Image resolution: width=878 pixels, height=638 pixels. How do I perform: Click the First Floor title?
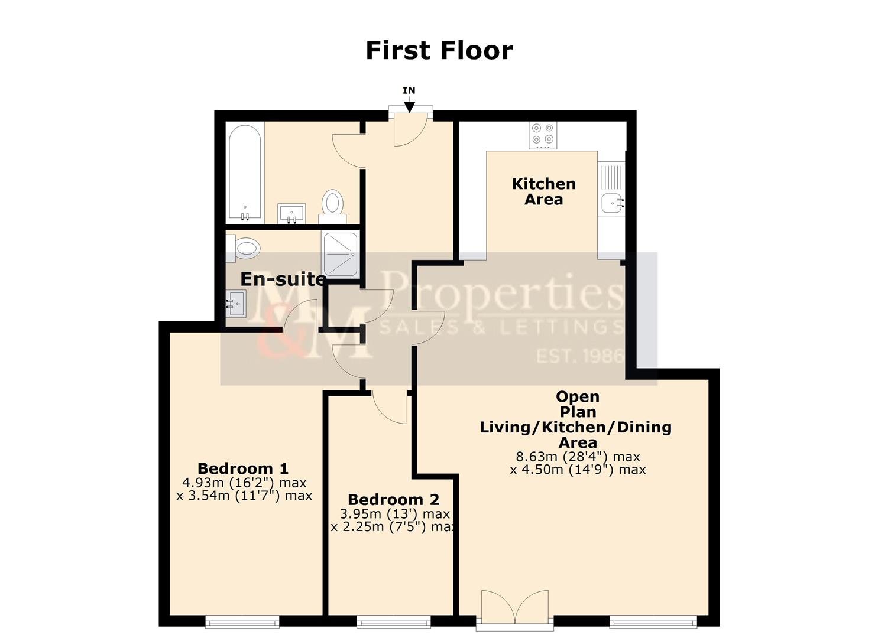pyautogui.click(x=439, y=50)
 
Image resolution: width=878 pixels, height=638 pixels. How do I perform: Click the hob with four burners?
pyautogui.click(x=543, y=134)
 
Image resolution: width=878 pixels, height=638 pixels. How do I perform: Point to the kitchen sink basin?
pyautogui.click(x=611, y=203)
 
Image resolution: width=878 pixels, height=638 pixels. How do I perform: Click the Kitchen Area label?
pyautogui.click(x=543, y=191)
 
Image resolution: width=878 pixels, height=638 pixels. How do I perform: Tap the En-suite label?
pyautogui.click(x=283, y=279)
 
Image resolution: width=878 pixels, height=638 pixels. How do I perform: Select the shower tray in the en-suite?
pyautogui.click(x=341, y=254)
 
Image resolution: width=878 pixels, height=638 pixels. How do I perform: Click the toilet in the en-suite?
pyautogui.click(x=244, y=246)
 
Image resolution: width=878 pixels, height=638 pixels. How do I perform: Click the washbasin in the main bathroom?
pyautogui.click(x=291, y=213)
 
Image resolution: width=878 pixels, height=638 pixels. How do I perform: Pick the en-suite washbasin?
pyautogui.click(x=236, y=304)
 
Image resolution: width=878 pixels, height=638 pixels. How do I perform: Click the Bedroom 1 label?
pyautogui.click(x=242, y=468)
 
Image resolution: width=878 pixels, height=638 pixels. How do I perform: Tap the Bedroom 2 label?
pyautogui.click(x=393, y=500)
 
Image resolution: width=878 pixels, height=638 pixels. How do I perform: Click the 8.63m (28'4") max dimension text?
pyautogui.click(x=578, y=457)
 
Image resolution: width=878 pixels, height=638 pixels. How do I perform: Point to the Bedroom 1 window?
pyautogui.click(x=242, y=621)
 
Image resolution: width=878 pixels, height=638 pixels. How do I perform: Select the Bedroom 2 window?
pyautogui.click(x=394, y=621)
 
